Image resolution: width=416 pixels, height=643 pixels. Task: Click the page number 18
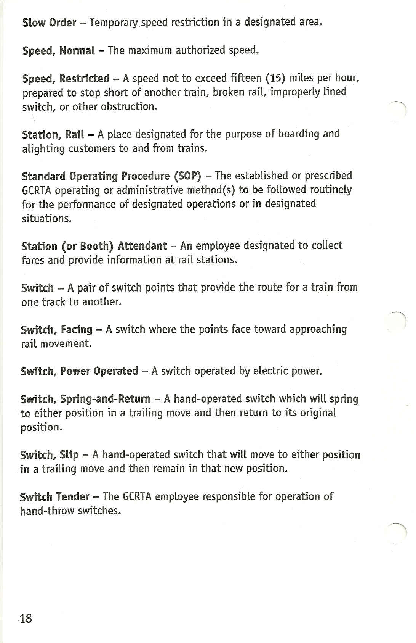[26, 618]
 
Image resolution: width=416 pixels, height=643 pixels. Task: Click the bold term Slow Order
[49, 23]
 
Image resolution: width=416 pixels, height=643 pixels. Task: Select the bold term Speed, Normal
[58, 50]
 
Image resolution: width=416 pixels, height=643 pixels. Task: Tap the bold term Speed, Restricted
[66, 79]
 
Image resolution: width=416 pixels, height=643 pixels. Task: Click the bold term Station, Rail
[53, 134]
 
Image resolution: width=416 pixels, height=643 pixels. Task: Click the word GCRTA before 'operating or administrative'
[37, 190]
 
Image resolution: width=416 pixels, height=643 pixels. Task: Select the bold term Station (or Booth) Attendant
[94, 246]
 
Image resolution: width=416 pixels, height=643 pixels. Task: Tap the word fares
[33, 260]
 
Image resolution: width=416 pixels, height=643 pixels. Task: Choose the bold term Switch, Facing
[57, 329]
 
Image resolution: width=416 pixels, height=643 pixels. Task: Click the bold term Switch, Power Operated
[79, 371]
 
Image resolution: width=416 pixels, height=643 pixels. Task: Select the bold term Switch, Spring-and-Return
[85, 399]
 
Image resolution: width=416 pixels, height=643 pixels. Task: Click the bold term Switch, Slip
[50, 455]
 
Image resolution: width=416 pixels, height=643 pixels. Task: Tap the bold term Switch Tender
[54, 497]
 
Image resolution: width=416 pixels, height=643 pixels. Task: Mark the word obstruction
[129, 106]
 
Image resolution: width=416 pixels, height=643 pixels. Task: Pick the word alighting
[43, 148]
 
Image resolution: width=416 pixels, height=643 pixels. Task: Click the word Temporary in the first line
[114, 23]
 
